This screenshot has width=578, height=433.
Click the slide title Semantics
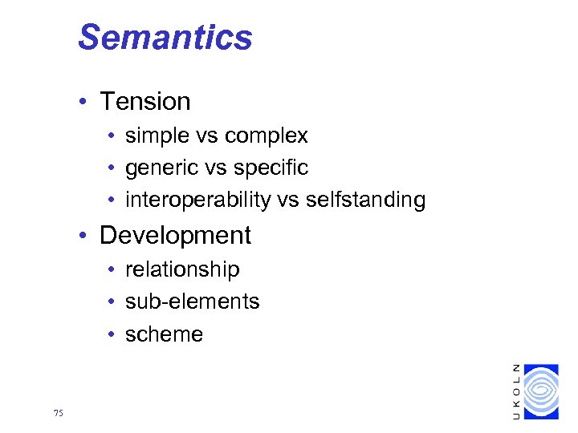(165, 38)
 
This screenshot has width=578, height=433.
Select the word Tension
(144, 102)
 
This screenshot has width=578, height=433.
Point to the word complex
(268, 136)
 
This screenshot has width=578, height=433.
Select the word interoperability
(198, 200)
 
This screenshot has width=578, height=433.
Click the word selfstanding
(365, 200)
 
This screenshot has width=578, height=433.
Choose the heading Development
(175, 235)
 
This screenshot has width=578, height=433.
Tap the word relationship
(182, 269)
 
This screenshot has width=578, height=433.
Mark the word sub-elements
(193, 301)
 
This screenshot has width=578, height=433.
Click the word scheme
(165, 334)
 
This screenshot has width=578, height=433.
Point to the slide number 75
(58, 414)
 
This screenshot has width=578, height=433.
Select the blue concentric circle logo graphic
(540, 391)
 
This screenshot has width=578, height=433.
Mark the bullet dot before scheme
(112, 335)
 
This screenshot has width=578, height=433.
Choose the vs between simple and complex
(210, 136)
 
